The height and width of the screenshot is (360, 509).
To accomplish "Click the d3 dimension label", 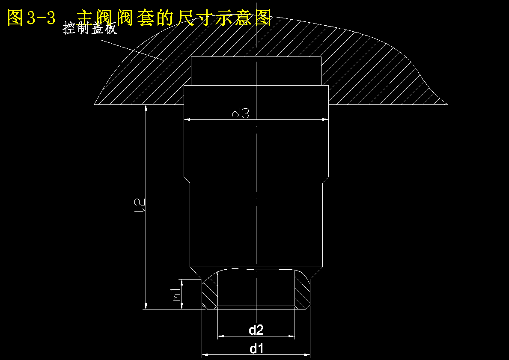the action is pos(241,113).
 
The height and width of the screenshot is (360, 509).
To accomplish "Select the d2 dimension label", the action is pos(256,330).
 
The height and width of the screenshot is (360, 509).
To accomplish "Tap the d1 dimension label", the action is pos(256,349).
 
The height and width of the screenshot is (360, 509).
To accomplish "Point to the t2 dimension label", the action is pos(140,207).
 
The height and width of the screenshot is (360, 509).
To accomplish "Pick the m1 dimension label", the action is pos(177,295).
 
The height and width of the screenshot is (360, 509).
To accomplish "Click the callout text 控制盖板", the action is pos(89,28).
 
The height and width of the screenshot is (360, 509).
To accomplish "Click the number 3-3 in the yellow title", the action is pos(41,18).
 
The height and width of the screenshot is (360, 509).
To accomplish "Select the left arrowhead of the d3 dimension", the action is pos(187,119).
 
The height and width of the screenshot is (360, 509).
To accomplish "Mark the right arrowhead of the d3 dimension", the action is pos(325,119).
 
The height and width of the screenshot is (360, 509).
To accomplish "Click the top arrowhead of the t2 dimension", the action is pos(146,108).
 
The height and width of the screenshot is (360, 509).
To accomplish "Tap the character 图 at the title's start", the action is pos(15,18).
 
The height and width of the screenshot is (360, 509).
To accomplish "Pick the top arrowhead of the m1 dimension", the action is pos(182,283).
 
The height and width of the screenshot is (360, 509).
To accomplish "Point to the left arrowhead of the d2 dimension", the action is pos(221,336).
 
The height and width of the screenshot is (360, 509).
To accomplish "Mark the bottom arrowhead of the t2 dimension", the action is pos(146,306).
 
